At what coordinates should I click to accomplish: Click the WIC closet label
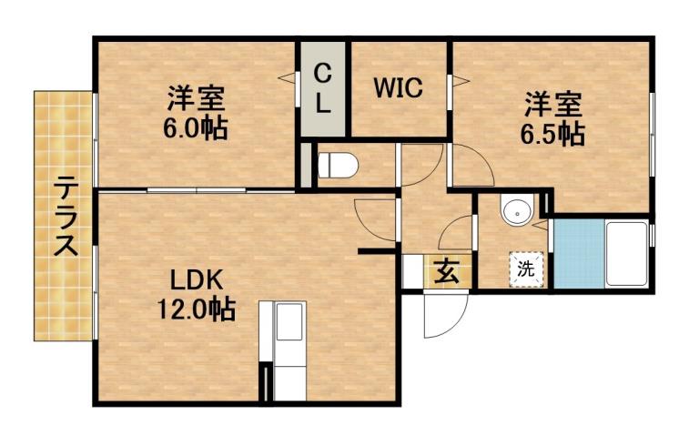pyautogui.click(x=398, y=89)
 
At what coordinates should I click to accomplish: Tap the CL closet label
pyautogui.click(x=322, y=88)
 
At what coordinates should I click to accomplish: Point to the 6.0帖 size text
pyautogui.click(x=195, y=128)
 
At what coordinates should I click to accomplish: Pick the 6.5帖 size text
pyautogui.click(x=552, y=134)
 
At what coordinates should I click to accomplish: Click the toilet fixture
pyautogui.click(x=338, y=166)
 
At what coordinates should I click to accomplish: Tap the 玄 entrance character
pyautogui.click(x=445, y=271)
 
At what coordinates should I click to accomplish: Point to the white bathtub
pyautogui.click(x=626, y=254)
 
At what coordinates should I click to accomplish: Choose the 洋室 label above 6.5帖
pyautogui.click(x=552, y=103)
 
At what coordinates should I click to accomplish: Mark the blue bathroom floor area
pyautogui.click(x=579, y=254)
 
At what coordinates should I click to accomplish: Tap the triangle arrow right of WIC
pyautogui.click(x=459, y=83)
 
